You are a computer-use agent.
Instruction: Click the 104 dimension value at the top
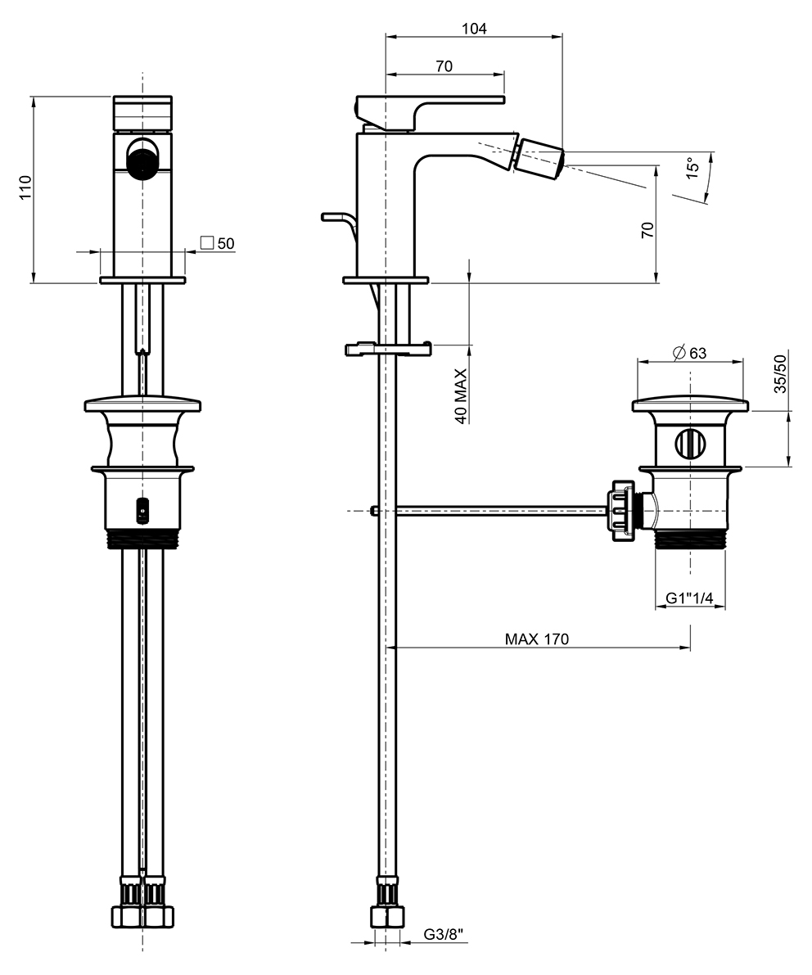pos(474,29)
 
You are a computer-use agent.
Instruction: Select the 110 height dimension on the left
pos(25,187)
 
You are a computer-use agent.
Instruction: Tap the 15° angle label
pos(692,167)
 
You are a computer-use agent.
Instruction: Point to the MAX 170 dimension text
pos(537,639)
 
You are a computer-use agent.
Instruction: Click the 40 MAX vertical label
pos(461,396)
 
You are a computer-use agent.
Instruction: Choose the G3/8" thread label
pos(444,934)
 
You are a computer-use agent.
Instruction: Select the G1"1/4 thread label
pos(689,598)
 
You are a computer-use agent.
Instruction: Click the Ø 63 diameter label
pos(689,353)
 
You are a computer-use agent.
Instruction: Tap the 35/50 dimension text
pos(780,373)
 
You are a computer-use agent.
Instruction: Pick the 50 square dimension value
pos(226,243)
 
